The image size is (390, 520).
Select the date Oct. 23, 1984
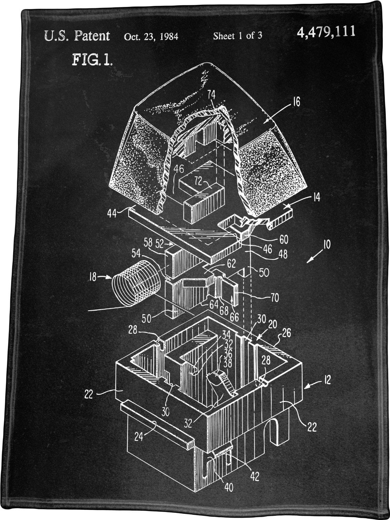[x=151, y=36]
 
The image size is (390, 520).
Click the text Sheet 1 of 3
[x=237, y=36]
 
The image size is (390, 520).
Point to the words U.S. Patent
[x=77, y=36]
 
